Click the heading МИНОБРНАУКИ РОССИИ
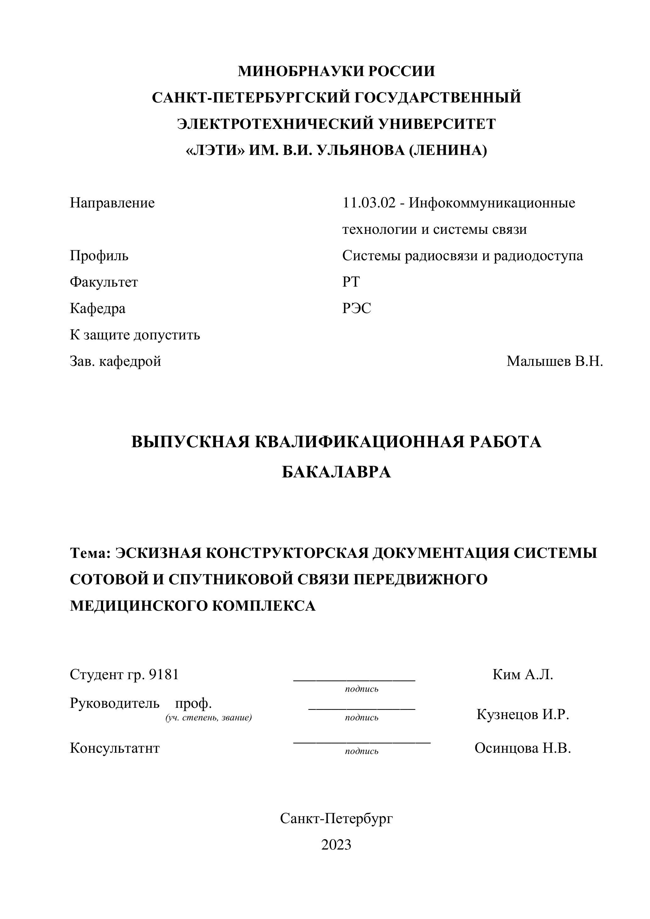click(336, 71)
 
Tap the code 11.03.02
click(369, 203)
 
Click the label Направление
click(112, 203)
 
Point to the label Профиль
click(99, 256)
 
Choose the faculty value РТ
click(351, 282)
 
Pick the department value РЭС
click(357, 308)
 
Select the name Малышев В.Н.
click(554, 361)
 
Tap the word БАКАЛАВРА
click(336, 472)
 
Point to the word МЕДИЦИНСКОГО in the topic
click(138, 606)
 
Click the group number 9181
click(163, 674)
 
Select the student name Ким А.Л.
click(522, 674)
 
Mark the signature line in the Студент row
click(354, 680)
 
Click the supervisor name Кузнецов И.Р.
click(522, 714)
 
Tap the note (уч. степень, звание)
click(208, 718)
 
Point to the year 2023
click(336, 845)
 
